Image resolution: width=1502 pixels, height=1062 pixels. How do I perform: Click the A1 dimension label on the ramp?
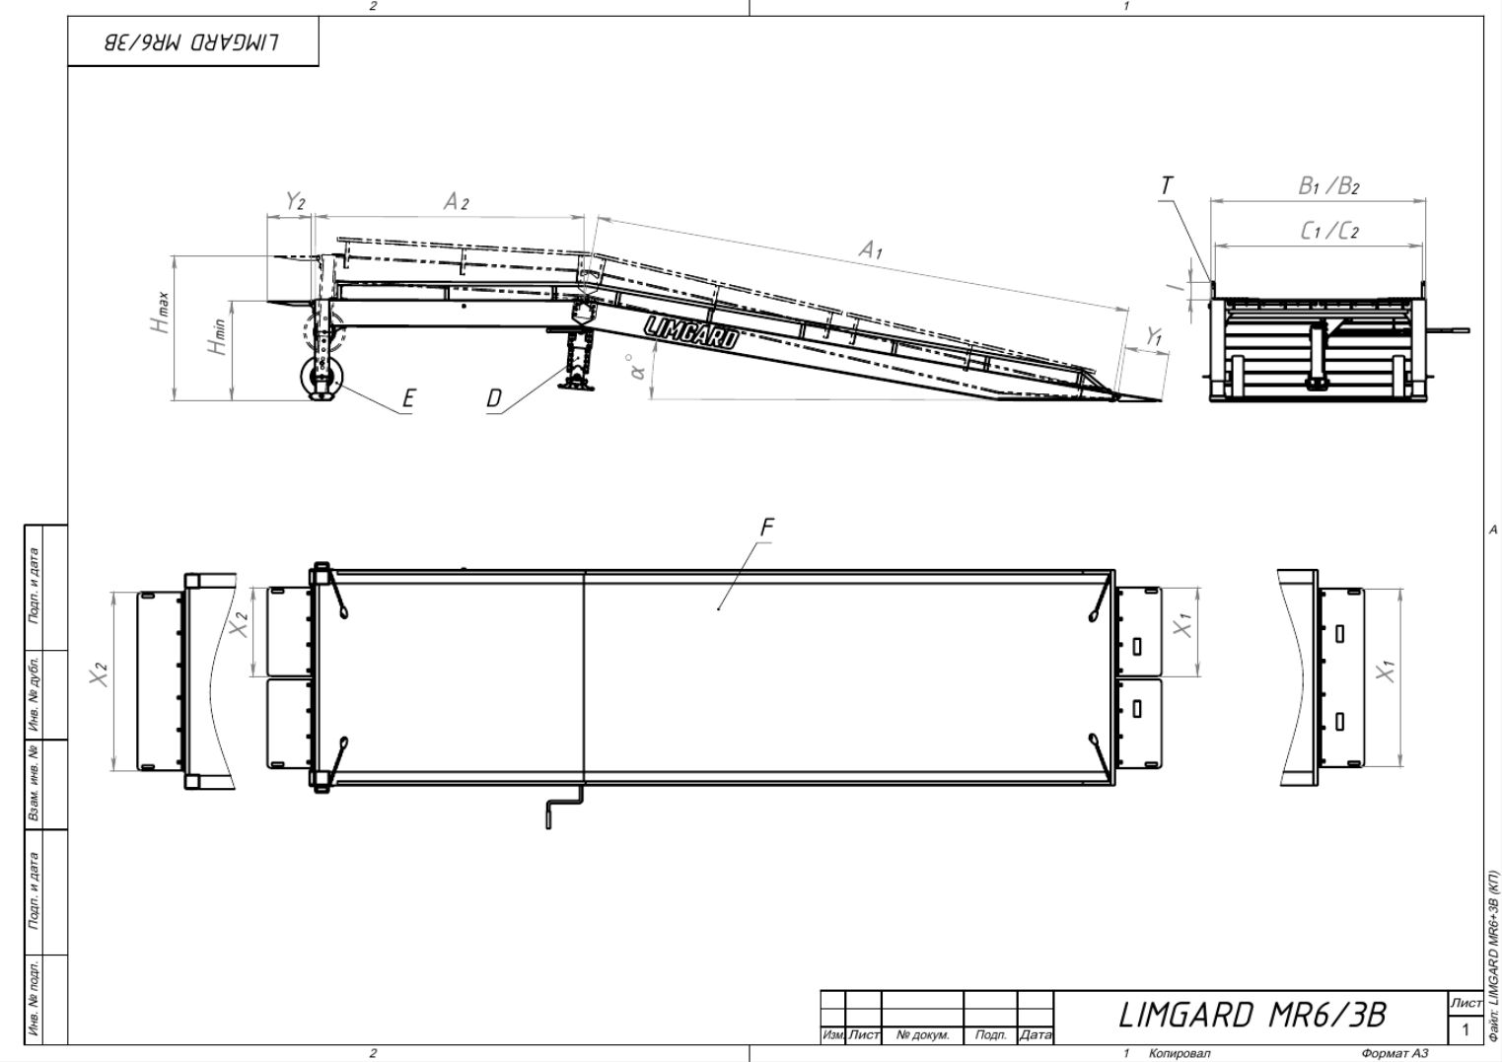point(871,250)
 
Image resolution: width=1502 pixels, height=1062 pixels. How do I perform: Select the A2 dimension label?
point(457,201)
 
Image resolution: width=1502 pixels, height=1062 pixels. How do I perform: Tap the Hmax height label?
point(160,313)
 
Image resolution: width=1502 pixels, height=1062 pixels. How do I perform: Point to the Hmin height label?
point(216,337)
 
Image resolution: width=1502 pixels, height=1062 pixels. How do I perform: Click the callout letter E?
point(408,399)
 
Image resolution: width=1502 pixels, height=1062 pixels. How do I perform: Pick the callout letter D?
point(493,398)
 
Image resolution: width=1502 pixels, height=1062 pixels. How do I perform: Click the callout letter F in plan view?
point(767,528)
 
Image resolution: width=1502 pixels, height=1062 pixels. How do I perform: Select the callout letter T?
point(1167,185)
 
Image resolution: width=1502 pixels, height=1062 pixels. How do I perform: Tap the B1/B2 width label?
point(1329,185)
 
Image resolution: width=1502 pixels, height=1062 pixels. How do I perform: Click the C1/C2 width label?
point(1329,231)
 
